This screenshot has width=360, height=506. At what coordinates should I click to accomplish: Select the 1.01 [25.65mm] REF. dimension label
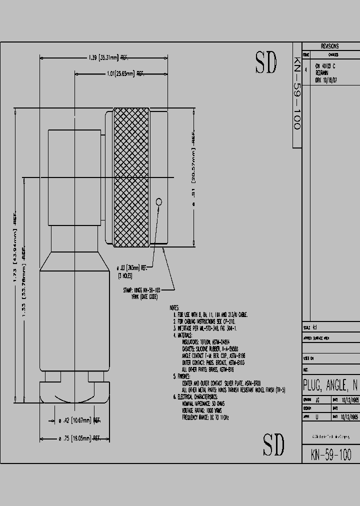coord(125,74)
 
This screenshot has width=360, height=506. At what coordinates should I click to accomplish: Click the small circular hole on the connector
coord(159,202)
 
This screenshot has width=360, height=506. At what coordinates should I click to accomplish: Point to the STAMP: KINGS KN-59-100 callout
coord(141,289)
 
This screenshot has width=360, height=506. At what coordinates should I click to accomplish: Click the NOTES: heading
coord(174,308)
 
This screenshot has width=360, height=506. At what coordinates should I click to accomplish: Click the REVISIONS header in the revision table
coord(329,45)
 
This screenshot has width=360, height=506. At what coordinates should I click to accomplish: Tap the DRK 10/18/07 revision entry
coord(325,79)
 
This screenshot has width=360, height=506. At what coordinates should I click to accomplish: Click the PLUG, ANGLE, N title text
coord(330,385)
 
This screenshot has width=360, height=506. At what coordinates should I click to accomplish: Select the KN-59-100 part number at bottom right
coord(330,454)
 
